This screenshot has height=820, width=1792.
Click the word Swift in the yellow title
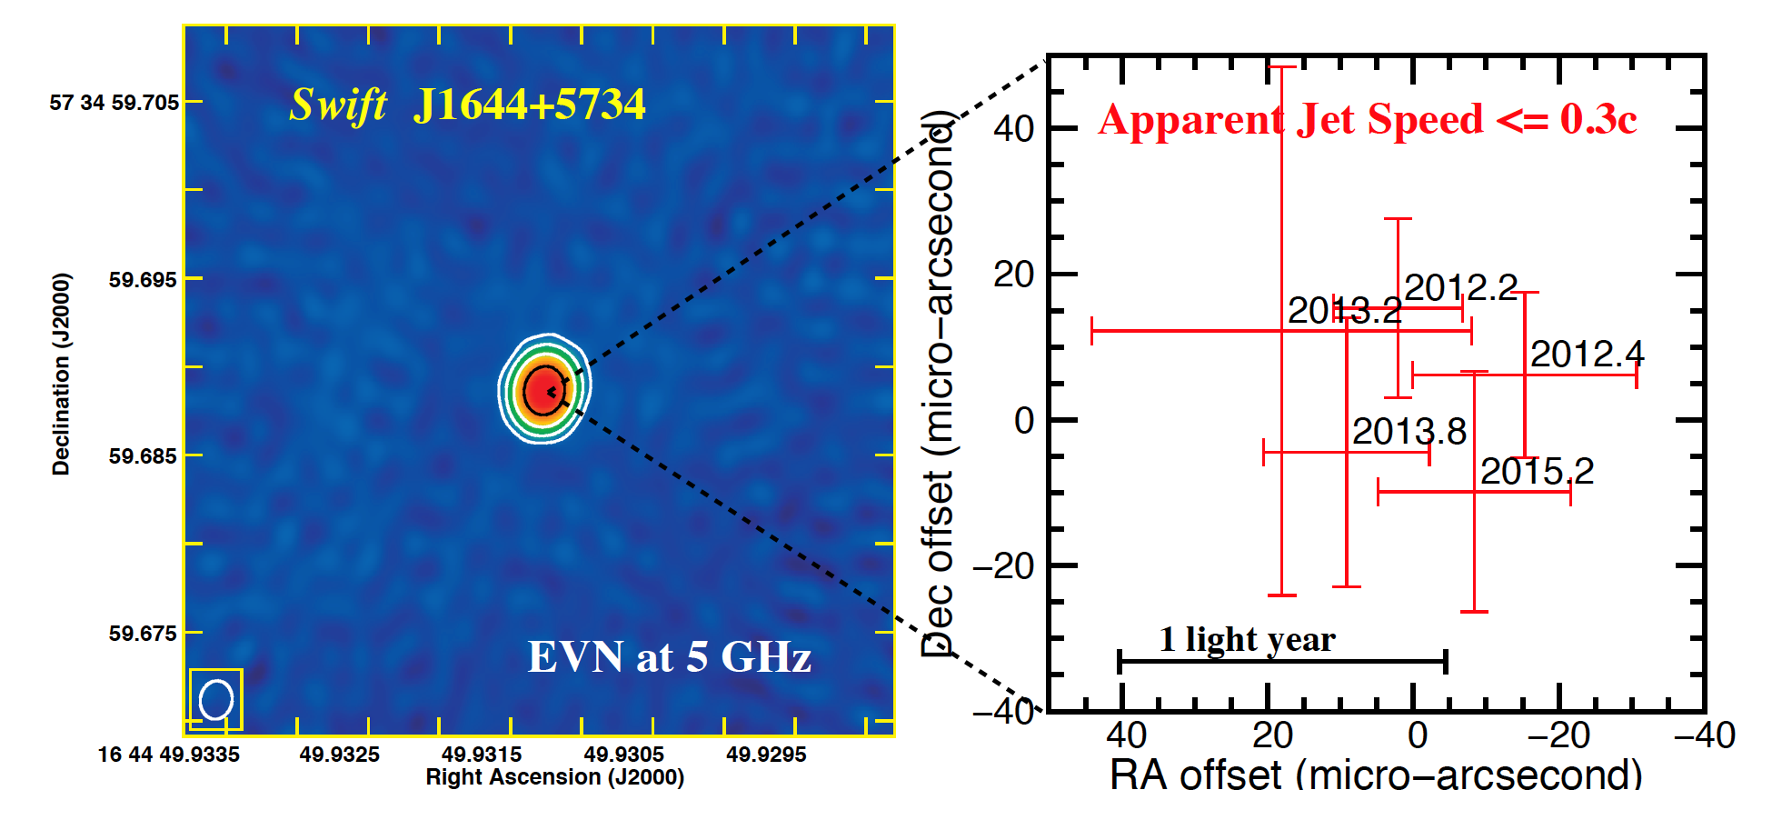click(x=338, y=105)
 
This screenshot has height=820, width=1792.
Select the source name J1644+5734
click(x=529, y=104)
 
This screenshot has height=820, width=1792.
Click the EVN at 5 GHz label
click(x=669, y=656)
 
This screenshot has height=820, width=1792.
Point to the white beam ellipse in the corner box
click(x=216, y=700)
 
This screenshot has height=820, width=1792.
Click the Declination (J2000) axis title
click(x=61, y=374)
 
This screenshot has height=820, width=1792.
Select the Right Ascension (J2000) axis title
click(x=554, y=777)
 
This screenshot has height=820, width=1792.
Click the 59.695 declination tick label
click(x=143, y=280)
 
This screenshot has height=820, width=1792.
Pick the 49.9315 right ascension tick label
click(x=482, y=755)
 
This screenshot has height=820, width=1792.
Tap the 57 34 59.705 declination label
click(x=114, y=103)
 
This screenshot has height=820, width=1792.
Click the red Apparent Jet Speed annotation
click(x=1368, y=120)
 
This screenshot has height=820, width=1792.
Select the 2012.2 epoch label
click(x=1460, y=288)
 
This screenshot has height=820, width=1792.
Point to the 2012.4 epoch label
click(x=1587, y=355)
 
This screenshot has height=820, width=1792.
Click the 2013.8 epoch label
click(x=1409, y=432)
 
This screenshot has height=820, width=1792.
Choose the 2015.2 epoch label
click(x=1537, y=471)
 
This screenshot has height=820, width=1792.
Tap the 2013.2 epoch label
click(x=1344, y=311)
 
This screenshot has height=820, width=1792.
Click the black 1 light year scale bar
click(x=1281, y=661)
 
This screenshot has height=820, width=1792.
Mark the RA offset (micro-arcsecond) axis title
click(x=1376, y=775)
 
